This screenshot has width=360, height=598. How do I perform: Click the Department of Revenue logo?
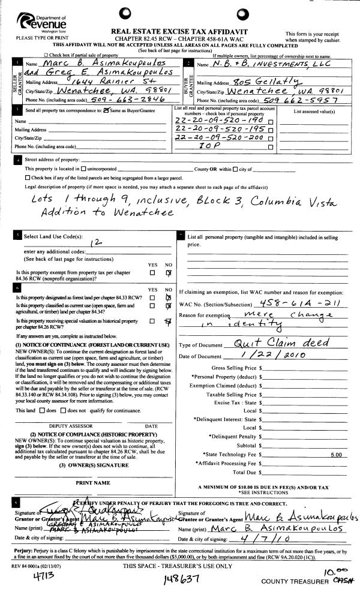(x=40, y=24)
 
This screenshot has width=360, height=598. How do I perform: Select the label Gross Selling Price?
(x=235, y=367)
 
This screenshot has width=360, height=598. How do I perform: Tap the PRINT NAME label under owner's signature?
(x=93, y=482)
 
